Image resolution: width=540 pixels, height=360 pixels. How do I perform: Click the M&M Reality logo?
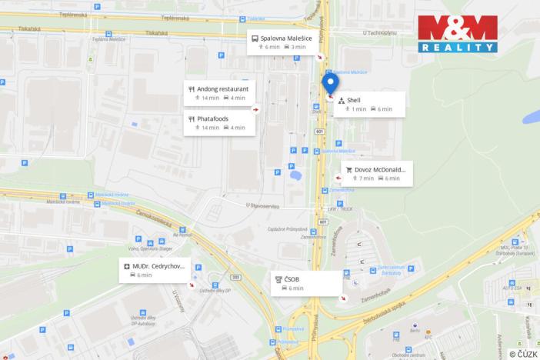[x=457, y=33]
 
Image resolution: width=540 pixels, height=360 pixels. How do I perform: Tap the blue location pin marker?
[x=330, y=84]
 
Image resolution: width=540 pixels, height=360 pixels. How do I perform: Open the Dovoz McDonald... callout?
[x=377, y=173]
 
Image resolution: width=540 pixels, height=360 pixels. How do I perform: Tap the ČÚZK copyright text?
[x=523, y=353]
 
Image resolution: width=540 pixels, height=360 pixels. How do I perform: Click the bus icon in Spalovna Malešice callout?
[x=254, y=37]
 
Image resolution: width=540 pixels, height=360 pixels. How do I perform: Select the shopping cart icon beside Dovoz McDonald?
[x=348, y=168]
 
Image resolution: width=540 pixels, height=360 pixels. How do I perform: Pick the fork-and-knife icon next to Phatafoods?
[x=192, y=118]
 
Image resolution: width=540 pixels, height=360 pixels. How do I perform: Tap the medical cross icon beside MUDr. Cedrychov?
[x=126, y=266]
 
